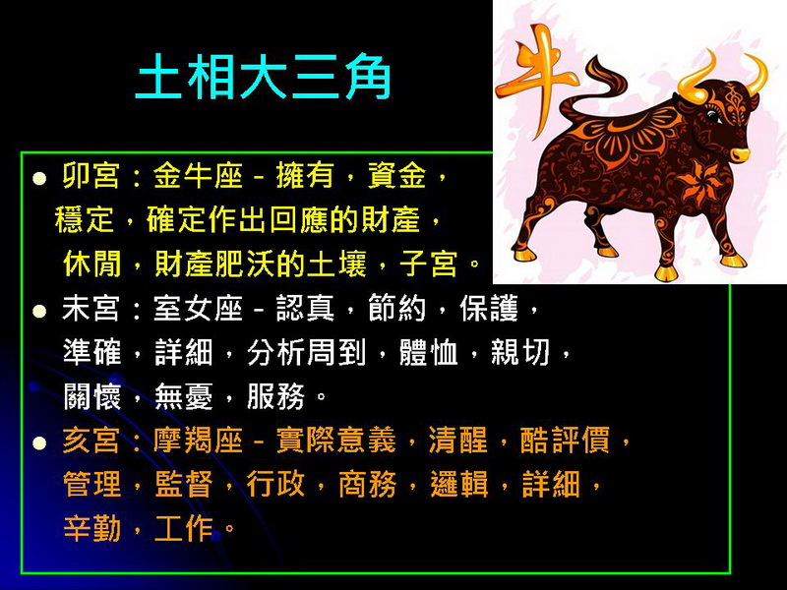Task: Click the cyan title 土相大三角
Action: click(x=264, y=77)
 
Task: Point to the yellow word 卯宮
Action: click(x=91, y=176)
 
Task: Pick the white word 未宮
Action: click(x=91, y=308)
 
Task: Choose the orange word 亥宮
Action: click(x=91, y=441)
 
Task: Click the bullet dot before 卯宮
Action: click(x=39, y=179)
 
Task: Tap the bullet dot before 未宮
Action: click(x=39, y=311)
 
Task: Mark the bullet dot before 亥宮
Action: click(x=39, y=443)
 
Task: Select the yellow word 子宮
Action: click(x=428, y=264)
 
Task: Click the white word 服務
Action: click(x=275, y=396)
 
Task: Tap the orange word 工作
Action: click(x=184, y=528)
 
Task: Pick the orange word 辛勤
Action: click(x=92, y=528)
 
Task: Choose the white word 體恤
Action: click(x=428, y=352)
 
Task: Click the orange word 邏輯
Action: click(x=459, y=485)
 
